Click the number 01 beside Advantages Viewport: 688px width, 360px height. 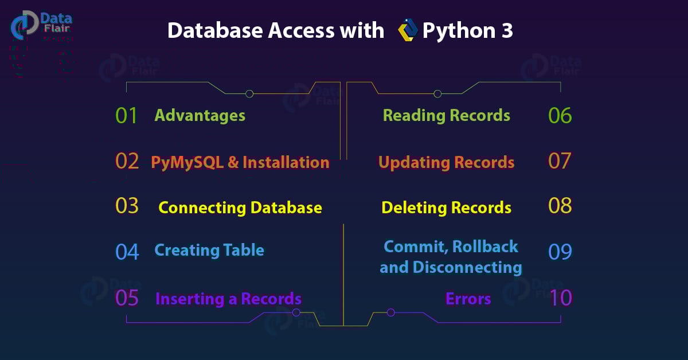pyautogui.click(x=126, y=116)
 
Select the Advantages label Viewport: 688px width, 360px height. pyautogui.click(x=200, y=115)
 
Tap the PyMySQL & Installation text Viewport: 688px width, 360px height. pyautogui.click(x=240, y=162)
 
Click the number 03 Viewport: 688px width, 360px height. pyautogui.click(x=127, y=206)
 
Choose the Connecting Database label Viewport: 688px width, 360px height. pyautogui.click(x=240, y=208)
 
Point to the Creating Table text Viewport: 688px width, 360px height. pyautogui.click(x=209, y=251)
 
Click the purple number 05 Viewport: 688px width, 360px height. pyautogui.click(x=127, y=298)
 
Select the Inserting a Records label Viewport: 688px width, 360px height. pyautogui.click(x=228, y=299)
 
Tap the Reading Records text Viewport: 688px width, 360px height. pyautogui.click(x=446, y=115)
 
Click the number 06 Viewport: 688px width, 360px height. pyautogui.click(x=560, y=116)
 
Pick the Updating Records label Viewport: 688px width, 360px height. pyautogui.click(x=446, y=162)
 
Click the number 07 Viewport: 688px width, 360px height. pyautogui.click(x=560, y=161)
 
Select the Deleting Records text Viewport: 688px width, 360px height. pyautogui.click(x=446, y=208)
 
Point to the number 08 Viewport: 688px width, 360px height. pyautogui.click(x=560, y=206)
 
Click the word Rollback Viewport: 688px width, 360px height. pyautogui.click(x=485, y=247)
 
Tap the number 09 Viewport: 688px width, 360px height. pyautogui.click(x=560, y=252)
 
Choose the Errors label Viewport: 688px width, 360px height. pyautogui.click(x=468, y=299)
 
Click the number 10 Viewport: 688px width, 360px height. pyautogui.click(x=560, y=298)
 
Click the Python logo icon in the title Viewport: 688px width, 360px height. pyautogui.click(x=407, y=30)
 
